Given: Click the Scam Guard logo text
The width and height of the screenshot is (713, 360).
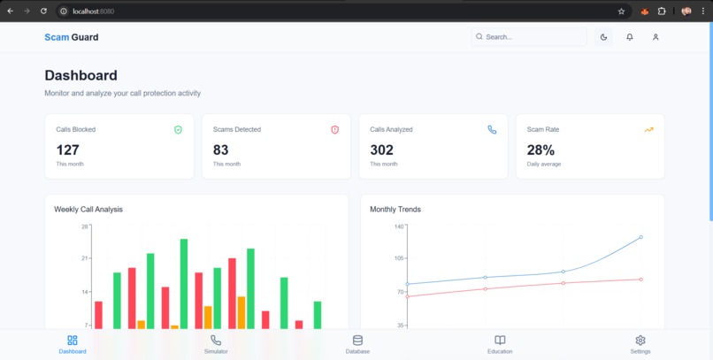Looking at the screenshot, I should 72,37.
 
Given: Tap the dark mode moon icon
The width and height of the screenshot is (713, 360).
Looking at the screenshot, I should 604,37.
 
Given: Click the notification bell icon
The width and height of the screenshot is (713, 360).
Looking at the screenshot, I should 630,37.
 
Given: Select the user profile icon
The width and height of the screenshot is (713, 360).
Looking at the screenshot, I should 655,37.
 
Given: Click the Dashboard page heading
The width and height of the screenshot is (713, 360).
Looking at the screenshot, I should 80,75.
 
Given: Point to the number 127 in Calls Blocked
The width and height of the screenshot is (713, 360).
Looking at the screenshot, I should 67,150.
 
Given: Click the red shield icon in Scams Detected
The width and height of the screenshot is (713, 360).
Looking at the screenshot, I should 335,130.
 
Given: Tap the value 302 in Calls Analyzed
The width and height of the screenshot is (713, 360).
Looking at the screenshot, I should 381,150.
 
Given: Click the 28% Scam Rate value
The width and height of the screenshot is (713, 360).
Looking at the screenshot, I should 540,150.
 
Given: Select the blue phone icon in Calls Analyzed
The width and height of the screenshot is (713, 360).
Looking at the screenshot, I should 492,130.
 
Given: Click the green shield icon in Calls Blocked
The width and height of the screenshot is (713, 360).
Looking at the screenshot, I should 178,130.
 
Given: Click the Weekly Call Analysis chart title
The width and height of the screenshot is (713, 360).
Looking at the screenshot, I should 88,210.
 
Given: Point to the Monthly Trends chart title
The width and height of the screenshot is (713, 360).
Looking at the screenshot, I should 395,210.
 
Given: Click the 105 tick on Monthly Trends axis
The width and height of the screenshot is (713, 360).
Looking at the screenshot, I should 398,258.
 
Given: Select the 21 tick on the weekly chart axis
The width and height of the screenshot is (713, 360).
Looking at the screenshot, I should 85,258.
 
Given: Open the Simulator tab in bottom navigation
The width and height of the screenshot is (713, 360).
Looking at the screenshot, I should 216,344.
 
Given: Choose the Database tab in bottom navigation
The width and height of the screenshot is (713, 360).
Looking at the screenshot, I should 357,344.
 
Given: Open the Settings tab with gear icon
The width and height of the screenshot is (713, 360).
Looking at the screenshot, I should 640,344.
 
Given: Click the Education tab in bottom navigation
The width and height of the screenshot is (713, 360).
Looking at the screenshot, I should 500,344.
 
